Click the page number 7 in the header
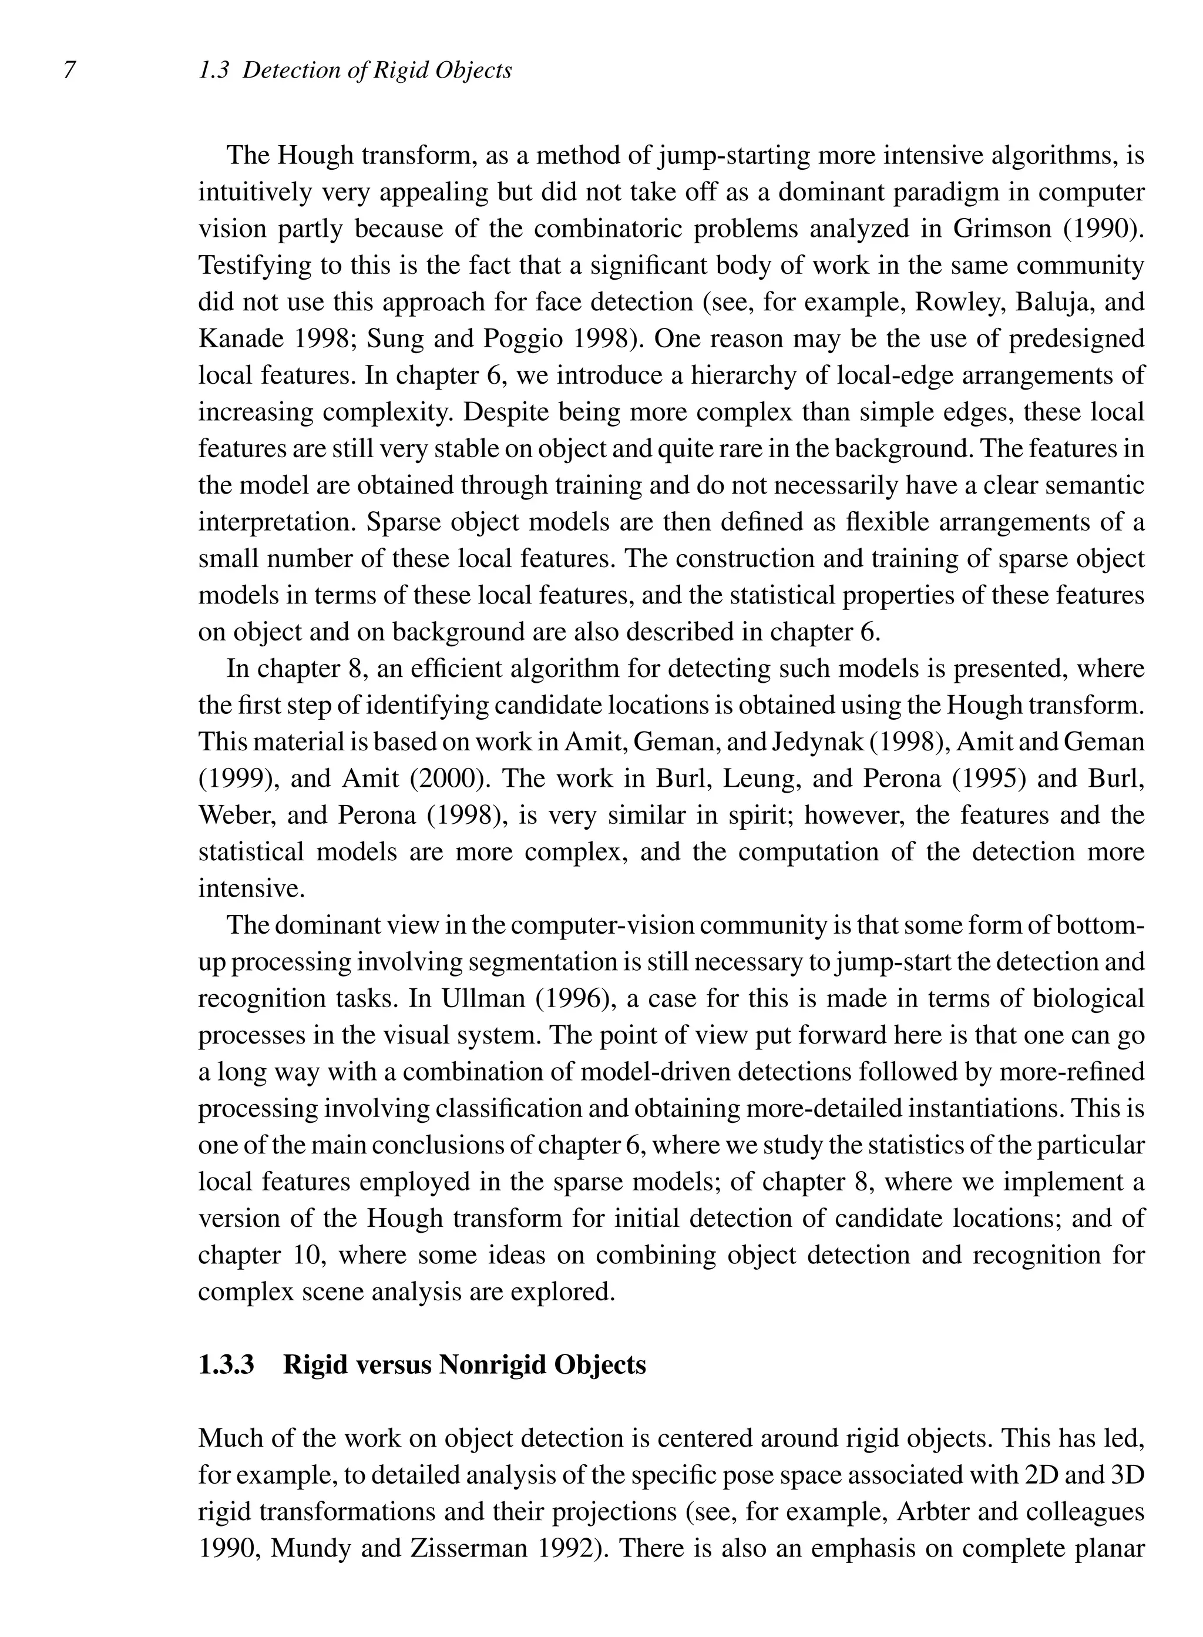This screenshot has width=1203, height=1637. point(69,71)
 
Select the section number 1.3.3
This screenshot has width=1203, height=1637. point(226,1364)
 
